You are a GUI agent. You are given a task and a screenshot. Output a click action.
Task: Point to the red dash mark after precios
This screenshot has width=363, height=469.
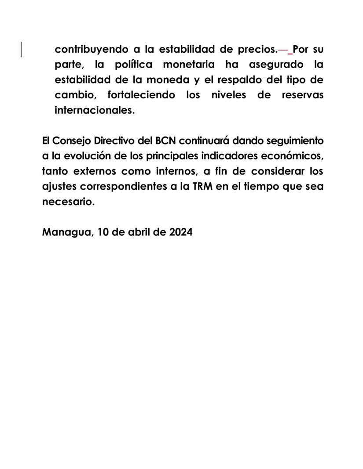pyautogui.click(x=282, y=49)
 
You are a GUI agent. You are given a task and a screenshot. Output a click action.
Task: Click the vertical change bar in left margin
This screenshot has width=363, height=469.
pyautogui.click(x=22, y=49)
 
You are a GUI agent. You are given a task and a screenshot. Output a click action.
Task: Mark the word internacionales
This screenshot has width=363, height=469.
pyautogui.click(x=94, y=111)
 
